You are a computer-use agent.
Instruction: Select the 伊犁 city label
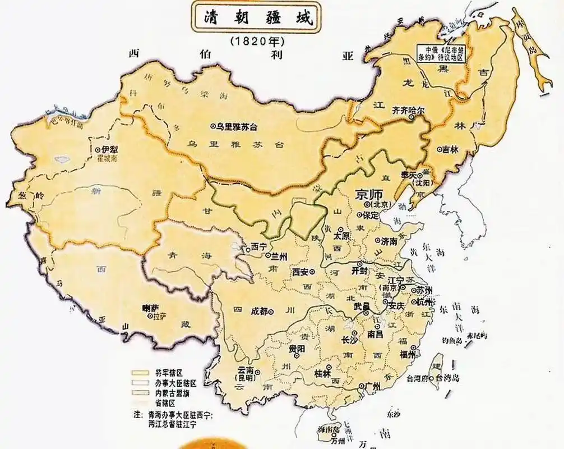pos(109,149)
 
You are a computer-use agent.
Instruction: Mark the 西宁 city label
pos(258,246)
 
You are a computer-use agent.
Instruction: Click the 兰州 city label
pos(279,256)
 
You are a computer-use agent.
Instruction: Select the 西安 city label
pos(301,272)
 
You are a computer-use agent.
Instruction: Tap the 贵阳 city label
pos(297,348)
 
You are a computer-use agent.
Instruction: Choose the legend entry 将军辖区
pos(161,373)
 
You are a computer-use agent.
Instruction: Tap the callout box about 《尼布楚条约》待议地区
pos(441,53)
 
